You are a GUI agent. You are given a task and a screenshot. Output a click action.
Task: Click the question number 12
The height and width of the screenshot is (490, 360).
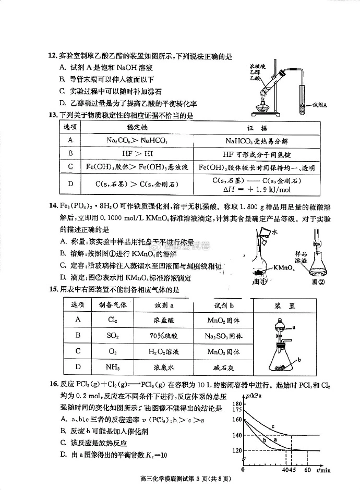click(52, 56)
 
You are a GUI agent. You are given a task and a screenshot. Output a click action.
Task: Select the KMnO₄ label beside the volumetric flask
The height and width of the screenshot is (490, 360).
click(285, 268)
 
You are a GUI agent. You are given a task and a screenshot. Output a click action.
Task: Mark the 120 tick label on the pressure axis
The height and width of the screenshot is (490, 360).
click(237, 450)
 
